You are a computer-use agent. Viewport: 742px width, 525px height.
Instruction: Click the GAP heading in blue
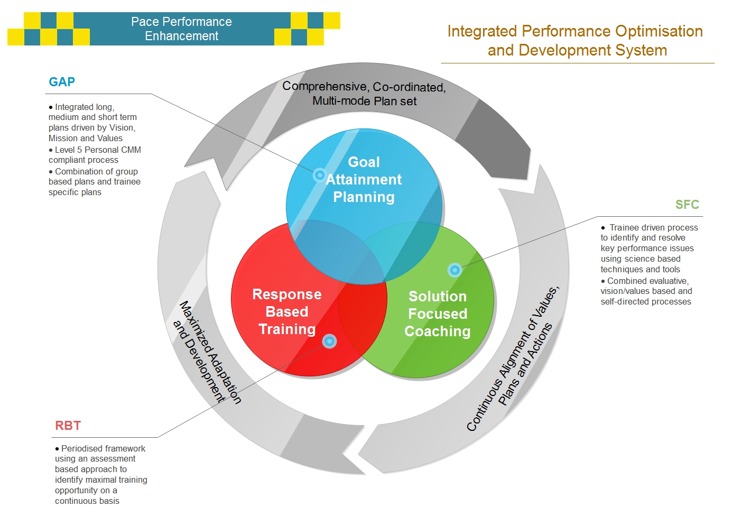coord(62,81)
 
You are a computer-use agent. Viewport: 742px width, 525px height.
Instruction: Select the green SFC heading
coord(687,205)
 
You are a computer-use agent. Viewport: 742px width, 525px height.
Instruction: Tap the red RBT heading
coord(68,425)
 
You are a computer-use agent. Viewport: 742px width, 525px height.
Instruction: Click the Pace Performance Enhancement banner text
coord(181,29)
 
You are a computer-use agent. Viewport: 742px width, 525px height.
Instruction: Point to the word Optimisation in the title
coord(659,32)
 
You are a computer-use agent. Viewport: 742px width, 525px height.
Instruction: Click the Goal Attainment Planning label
coord(364,179)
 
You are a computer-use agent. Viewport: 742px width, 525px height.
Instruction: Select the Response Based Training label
coord(287,311)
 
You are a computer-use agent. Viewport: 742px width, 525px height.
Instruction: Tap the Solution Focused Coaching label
coord(438,314)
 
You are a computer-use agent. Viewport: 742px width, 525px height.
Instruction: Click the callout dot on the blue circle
coord(320,174)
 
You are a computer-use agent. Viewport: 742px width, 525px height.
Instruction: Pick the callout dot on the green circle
coord(455,270)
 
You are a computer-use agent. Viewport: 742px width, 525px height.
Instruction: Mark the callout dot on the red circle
coord(329,341)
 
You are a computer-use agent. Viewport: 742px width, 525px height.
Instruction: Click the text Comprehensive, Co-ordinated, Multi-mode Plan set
coord(364,94)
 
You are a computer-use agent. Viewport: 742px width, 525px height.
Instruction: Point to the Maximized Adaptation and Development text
coord(207,352)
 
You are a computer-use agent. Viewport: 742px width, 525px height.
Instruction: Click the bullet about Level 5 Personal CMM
coord(95,155)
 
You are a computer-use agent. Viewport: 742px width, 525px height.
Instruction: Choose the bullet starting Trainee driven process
coord(649,248)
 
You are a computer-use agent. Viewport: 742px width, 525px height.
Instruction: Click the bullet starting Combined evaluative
coord(646,291)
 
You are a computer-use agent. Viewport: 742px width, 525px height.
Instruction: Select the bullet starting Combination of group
coord(95,182)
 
